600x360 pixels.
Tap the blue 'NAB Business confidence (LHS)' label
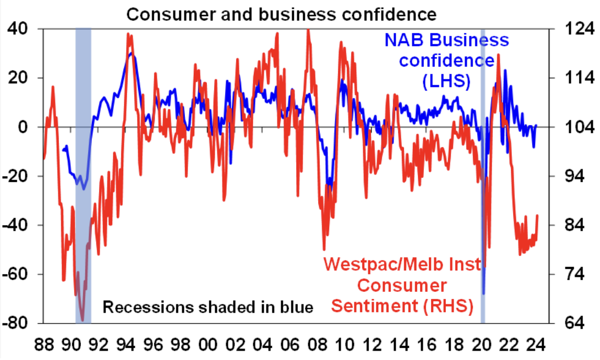[446, 61]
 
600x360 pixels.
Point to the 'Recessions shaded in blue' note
[208, 307]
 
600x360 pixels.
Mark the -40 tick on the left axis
[18, 225]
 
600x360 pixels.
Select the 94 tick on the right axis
[572, 176]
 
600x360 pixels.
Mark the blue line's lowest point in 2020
[483, 293]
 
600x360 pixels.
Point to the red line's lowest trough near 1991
[83, 320]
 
